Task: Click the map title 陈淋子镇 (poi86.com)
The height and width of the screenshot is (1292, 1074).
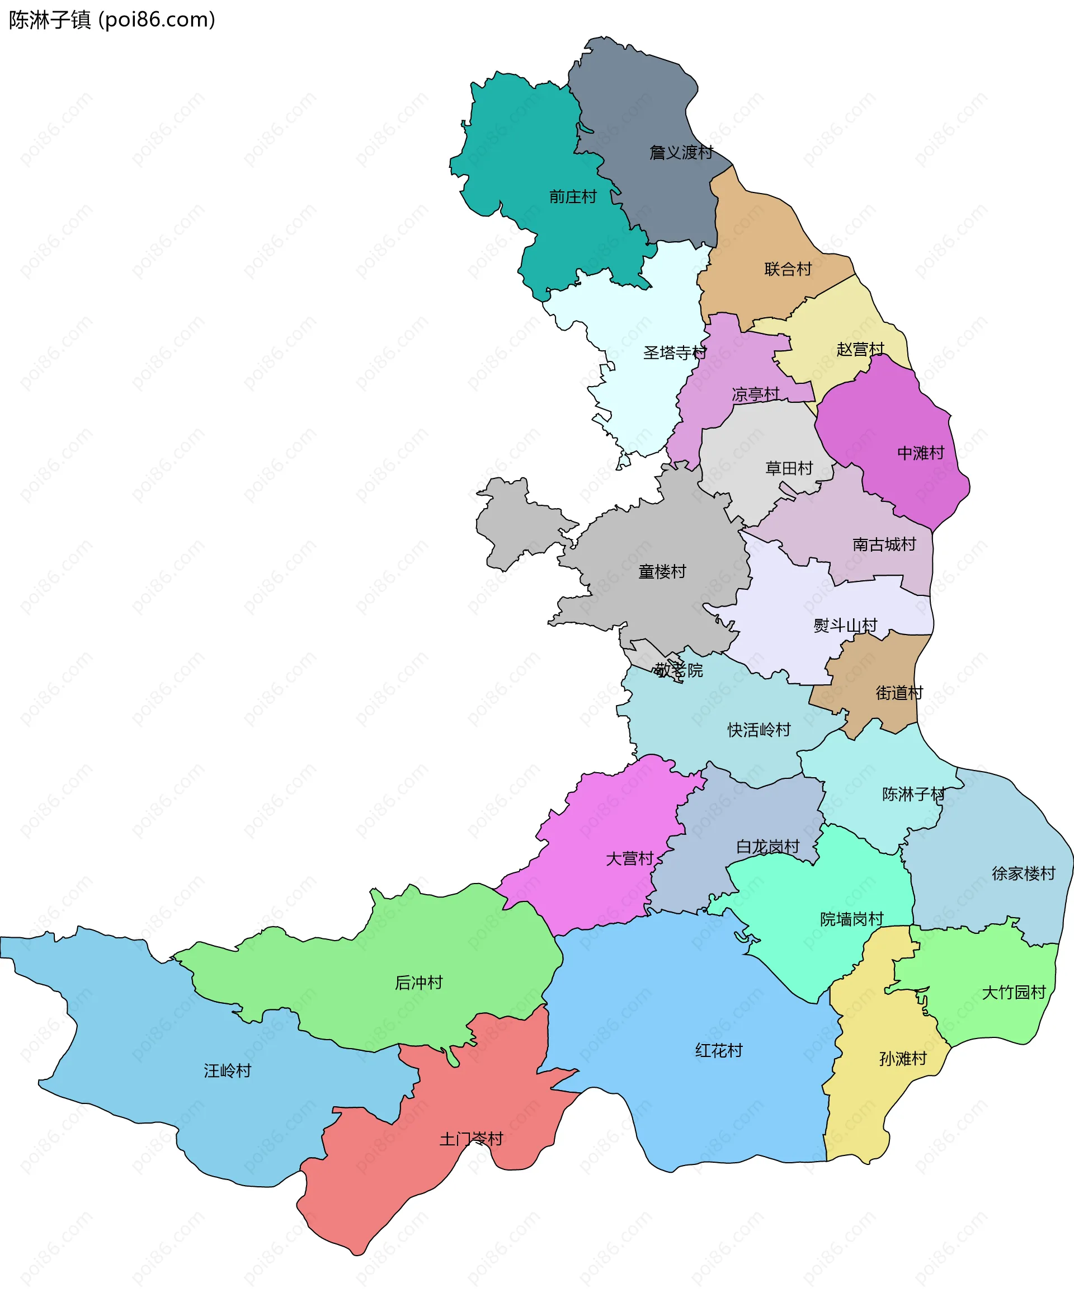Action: coord(112,20)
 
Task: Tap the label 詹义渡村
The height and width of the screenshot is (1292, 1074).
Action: coord(681,152)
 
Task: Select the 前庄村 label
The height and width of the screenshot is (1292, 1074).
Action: coord(573,197)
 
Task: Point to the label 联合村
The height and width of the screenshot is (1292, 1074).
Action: coord(788,269)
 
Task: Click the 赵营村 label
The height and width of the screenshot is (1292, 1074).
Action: coord(860,350)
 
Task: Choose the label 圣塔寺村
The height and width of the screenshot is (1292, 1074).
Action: coord(675,353)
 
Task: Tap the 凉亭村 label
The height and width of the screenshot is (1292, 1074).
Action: coord(755,394)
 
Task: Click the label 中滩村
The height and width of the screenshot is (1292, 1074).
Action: coord(921,453)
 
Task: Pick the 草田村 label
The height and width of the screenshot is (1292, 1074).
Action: coord(789,468)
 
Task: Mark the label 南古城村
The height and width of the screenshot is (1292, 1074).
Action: coord(884,544)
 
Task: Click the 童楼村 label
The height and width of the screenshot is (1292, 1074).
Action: coord(662,571)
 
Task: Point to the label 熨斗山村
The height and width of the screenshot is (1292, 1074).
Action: coord(845,626)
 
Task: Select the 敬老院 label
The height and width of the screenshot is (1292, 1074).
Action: coord(679,670)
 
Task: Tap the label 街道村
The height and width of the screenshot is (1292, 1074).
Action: coord(899,693)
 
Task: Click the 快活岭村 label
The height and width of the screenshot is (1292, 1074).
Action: coord(759,730)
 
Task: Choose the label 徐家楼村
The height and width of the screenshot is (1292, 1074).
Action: coord(1024,873)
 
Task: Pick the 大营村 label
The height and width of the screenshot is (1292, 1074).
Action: coord(629,858)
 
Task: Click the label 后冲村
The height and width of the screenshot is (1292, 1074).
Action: coord(419,983)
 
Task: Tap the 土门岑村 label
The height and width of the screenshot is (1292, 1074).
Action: coord(471,1139)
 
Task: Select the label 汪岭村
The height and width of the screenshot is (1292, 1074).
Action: coord(228,1070)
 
